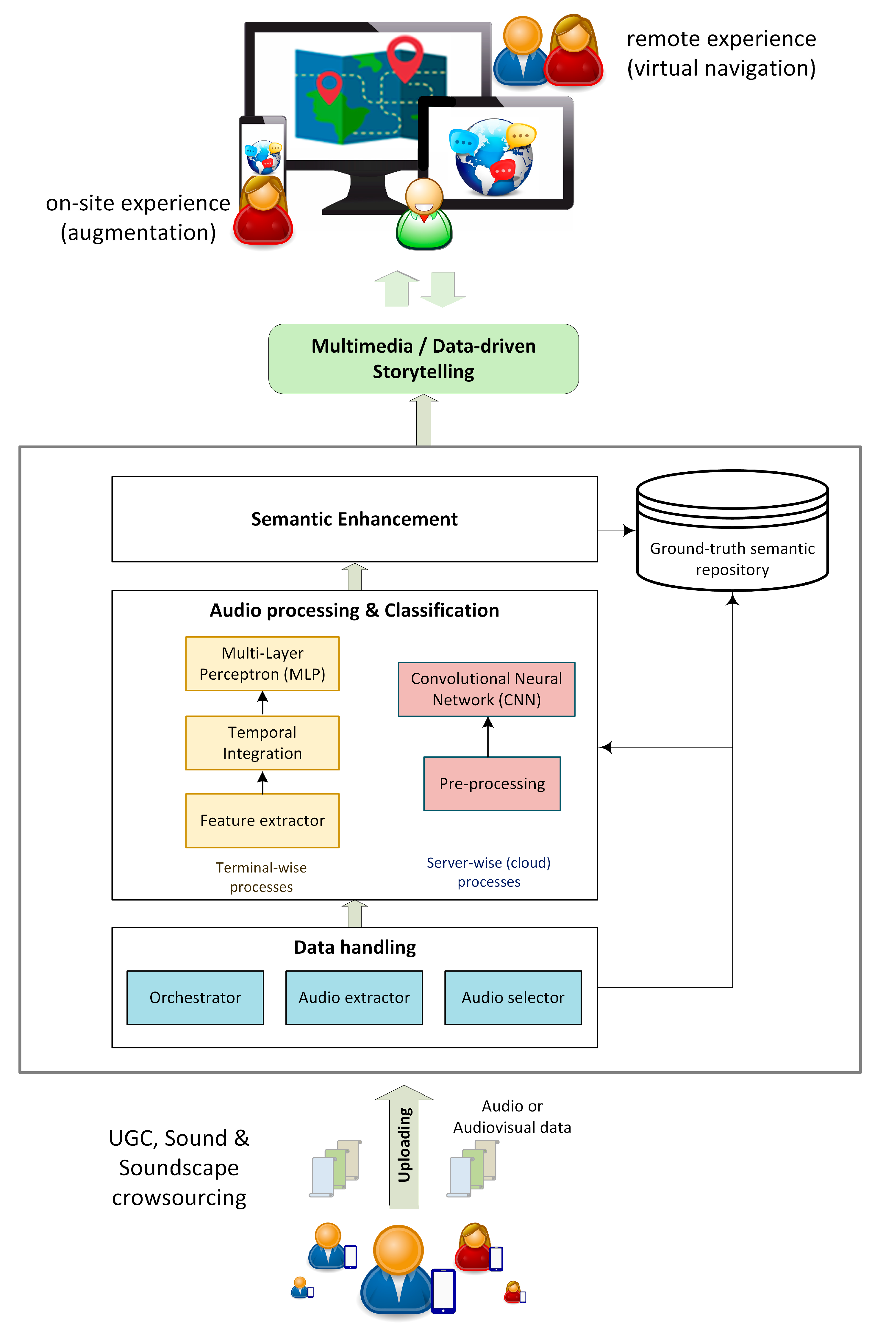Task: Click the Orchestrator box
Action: click(195, 997)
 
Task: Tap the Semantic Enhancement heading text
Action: click(354, 519)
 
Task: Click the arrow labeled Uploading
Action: click(404, 1146)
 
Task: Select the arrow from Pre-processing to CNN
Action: click(488, 737)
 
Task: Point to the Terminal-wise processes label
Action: click(261, 877)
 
